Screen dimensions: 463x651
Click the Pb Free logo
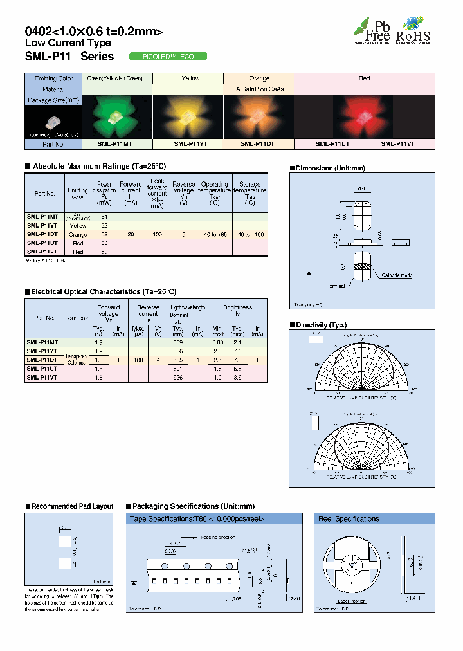click(372, 30)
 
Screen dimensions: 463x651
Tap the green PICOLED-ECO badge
click(168, 57)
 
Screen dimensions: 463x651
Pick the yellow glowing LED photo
click(189, 116)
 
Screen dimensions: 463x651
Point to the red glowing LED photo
click(365, 116)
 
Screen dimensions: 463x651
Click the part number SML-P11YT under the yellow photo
click(189, 145)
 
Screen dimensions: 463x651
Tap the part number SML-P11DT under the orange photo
click(256, 145)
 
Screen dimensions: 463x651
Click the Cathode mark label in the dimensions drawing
click(397, 275)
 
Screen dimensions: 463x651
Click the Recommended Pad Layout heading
click(72, 506)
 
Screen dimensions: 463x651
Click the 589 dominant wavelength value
click(178, 342)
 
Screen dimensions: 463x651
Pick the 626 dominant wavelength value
click(178, 378)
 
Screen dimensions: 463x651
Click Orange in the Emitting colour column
click(78, 235)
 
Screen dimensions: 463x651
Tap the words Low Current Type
click(68, 43)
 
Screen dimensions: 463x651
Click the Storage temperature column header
click(250, 191)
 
